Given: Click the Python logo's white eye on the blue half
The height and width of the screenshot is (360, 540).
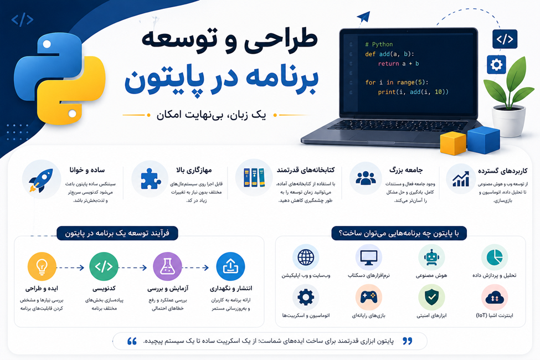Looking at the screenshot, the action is point(47,44).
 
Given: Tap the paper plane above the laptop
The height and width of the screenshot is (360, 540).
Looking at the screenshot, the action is point(364,17).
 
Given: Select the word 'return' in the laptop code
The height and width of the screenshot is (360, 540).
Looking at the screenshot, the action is point(388,64).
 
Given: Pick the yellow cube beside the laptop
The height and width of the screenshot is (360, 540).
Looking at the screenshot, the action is point(453,143).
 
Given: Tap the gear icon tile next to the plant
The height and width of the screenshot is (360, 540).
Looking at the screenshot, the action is point(496,64).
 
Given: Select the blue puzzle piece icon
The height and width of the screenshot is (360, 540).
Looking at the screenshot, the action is point(151,178).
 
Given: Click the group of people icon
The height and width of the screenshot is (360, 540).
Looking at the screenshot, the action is point(366,178).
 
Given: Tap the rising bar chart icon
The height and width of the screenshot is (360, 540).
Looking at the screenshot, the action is point(461,179).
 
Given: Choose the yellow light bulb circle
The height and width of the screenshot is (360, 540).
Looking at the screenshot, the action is point(42,266).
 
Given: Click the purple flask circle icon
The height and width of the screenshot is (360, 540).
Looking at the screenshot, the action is point(167,266).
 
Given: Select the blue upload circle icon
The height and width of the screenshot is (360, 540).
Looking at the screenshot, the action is point(230,266).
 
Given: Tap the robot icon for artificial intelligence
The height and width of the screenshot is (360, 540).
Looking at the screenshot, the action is point(431,257).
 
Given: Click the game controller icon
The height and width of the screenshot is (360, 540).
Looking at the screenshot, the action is point(368,297).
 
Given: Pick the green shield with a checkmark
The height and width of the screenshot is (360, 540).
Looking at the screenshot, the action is point(431,297).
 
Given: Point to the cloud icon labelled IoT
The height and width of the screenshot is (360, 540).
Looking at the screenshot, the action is point(495,297).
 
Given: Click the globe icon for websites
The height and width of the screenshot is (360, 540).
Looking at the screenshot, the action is point(306,257).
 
